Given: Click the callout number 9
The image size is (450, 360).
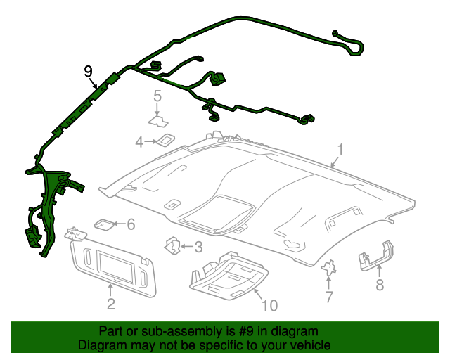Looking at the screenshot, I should coord(88,70).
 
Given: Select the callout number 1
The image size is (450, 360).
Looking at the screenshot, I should coord(340,150).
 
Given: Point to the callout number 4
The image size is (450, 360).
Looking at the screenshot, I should coord(139,143).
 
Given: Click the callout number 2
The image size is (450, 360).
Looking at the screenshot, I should coord(110,304).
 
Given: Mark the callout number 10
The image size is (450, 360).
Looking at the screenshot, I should coord(270,305).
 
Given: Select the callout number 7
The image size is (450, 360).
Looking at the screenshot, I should coord(328,297).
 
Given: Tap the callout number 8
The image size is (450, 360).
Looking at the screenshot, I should coord(380,285).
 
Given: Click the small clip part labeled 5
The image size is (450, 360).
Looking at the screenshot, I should coord(157,113).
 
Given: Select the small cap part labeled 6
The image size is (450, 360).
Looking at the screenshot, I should coord(103,224).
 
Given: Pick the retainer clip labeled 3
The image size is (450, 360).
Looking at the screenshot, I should coord(172,245).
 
